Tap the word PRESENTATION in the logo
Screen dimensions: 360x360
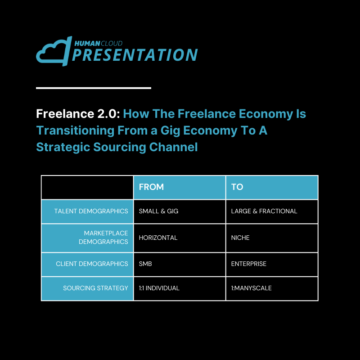pos(135,55)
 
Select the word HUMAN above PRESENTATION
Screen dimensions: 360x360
pos(87,43)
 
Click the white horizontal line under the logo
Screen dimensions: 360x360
pos(94,88)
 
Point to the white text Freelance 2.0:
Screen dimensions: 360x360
pos(78,114)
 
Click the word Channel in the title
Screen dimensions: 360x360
pos(173,147)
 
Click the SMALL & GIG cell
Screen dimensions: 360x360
pos(158,211)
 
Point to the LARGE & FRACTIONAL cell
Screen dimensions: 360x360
pos(264,211)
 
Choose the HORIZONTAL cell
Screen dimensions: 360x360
pos(158,238)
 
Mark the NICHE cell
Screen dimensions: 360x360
pos(240,238)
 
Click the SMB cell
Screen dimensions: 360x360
pos(145,264)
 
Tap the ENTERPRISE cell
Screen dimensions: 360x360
pos(249,264)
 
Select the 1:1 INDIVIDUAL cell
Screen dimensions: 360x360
pos(159,288)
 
